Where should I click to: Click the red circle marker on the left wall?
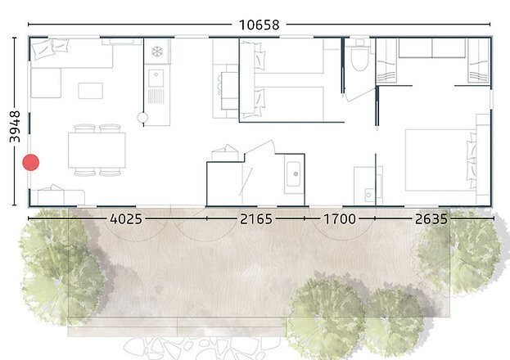tap(31, 162)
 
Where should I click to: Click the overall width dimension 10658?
tap(260, 25)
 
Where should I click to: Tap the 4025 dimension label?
tap(125, 219)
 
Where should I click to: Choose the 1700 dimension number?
tap(339, 219)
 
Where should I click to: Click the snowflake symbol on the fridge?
tap(156, 52)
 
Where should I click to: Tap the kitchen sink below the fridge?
tap(156, 79)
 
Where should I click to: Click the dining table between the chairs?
tap(97, 150)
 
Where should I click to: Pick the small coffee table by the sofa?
tap(90, 90)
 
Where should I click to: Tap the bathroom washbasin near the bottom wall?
tap(293, 173)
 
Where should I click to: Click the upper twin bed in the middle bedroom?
tap(287, 58)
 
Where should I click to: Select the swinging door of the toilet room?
tap(358, 93)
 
